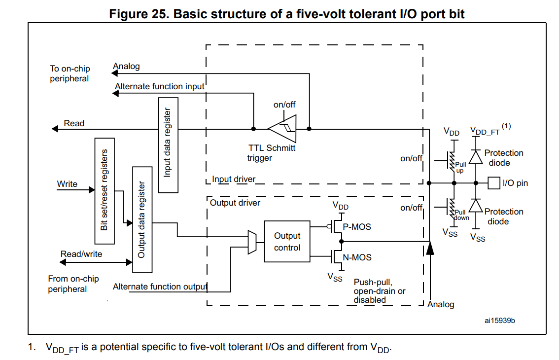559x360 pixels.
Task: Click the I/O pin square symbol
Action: click(x=494, y=183)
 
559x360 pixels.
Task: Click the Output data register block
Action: click(x=142, y=219)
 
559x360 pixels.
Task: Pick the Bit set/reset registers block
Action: click(x=104, y=191)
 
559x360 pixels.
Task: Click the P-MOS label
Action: click(x=357, y=227)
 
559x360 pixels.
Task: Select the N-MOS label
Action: click(x=357, y=257)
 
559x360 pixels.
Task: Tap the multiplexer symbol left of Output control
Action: click(x=252, y=242)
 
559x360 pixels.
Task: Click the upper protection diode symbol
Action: click(x=475, y=157)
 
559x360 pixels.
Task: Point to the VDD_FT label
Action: click(x=485, y=132)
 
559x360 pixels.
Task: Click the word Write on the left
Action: click(x=67, y=184)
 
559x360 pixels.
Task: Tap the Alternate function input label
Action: click(x=159, y=86)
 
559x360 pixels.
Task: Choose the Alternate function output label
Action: click(x=160, y=287)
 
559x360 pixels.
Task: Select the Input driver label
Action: click(x=234, y=179)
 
